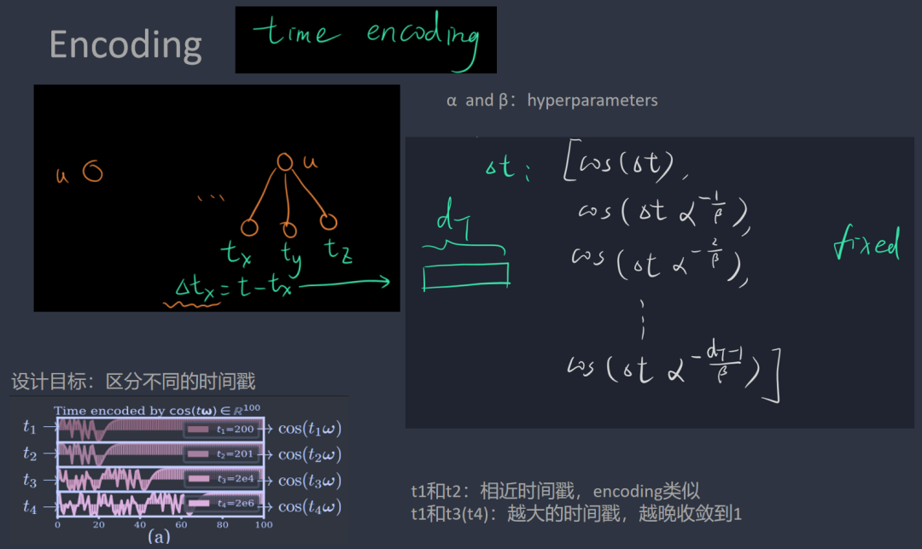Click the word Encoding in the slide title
coord(125,44)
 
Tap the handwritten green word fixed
coord(866,246)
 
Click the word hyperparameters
coord(592,101)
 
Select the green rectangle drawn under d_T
coord(466,275)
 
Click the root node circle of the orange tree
coord(285,162)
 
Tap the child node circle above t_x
coord(248,227)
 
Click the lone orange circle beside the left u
coord(92,172)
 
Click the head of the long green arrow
coord(386,283)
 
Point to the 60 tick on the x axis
coord(182,524)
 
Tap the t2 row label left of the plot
coord(31,453)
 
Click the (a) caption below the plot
coord(160,537)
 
